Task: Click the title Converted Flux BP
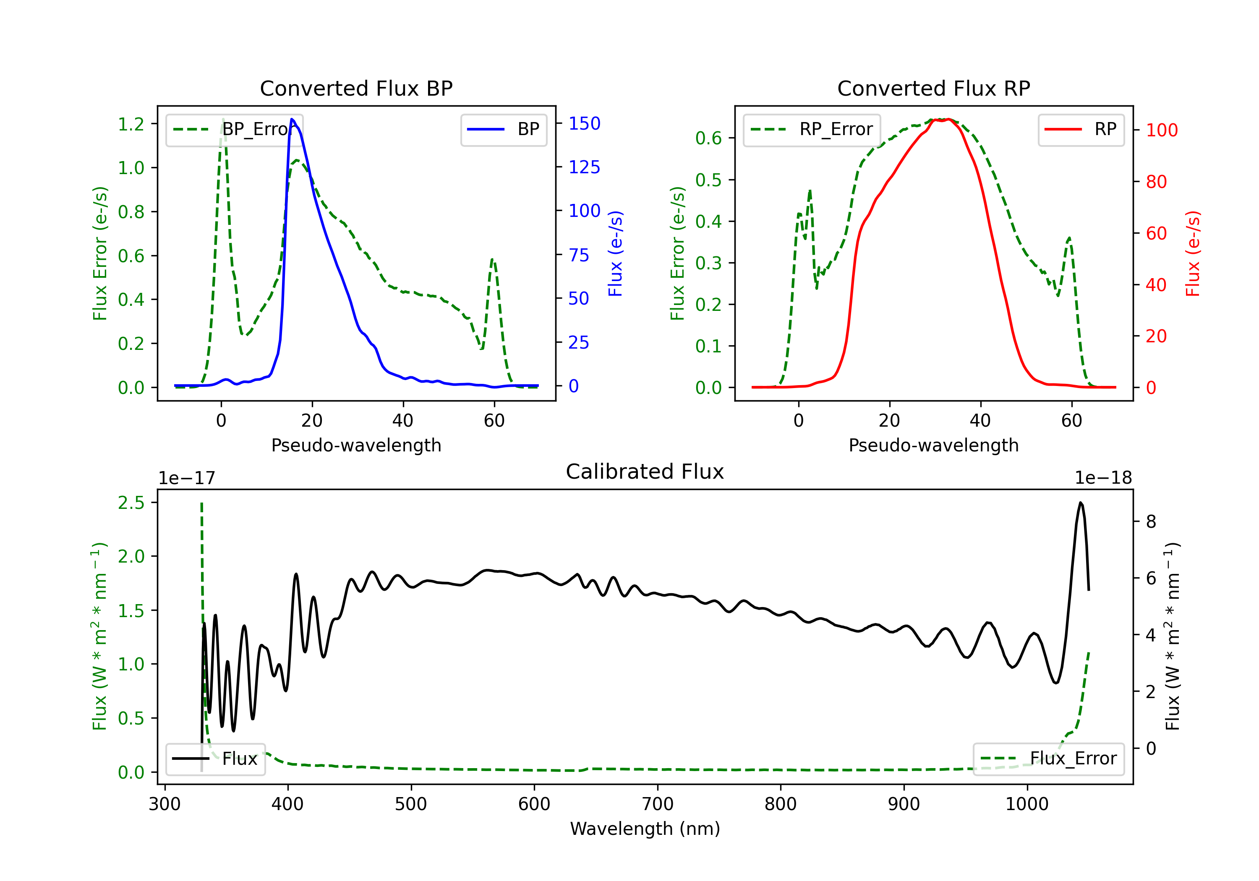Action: [356, 88]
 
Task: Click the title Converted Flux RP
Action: [934, 88]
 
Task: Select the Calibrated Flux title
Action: [645, 472]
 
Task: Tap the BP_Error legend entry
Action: [234, 129]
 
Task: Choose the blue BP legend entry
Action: [503, 129]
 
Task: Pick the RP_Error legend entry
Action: [812, 129]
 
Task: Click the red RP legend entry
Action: [1081, 129]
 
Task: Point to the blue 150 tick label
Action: [585, 123]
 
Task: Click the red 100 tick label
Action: [1162, 130]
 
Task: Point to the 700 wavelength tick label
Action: [658, 804]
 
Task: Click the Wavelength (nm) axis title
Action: [645, 829]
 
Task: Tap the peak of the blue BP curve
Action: [292, 119]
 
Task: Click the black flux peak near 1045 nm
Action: [1080, 502]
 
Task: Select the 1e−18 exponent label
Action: [1103, 478]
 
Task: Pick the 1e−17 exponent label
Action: [187, 478]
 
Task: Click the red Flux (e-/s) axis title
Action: [1193, 253]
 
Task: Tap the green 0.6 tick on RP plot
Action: [708, 138]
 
